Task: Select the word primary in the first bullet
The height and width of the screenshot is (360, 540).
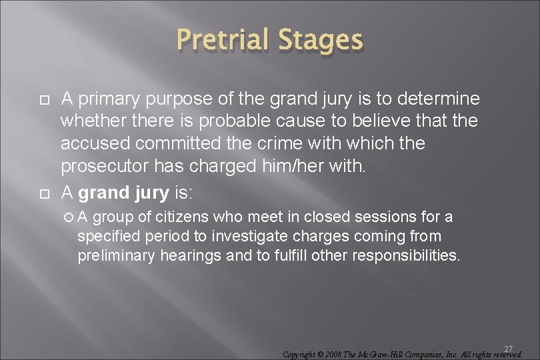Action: pyautogui.click(x=108, y=99)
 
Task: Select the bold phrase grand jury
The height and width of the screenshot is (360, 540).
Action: pyautogui.click(x=123, y=193)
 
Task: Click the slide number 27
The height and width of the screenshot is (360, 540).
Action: pyautogui.click(x=508, y=349)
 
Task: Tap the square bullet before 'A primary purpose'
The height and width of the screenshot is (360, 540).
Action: pyautogui.click(x=45, y=100)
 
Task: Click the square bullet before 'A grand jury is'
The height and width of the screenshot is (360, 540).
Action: pyautogui.click(x=45, y=193)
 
